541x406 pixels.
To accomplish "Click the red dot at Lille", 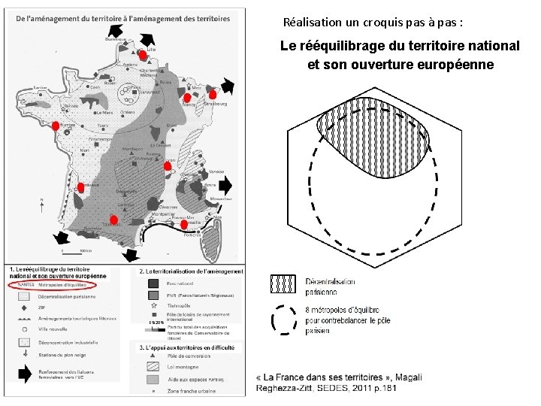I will coord(142,56).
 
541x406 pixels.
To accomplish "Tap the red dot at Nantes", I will coord(53,126).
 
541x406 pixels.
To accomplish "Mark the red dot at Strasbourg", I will coord(213,95).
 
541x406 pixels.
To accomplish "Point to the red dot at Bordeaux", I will coord(80,187).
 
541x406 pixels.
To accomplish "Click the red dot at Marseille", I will coord(183,224).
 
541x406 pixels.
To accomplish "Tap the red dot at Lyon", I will coord(167,165).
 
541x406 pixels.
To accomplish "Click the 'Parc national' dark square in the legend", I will coord(153,283).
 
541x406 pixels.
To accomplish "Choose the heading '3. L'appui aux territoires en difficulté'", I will coord(191,347).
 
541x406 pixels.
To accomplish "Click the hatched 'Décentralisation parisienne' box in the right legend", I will coord(283,283).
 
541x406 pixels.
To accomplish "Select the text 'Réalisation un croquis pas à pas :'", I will coord(373,23).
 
